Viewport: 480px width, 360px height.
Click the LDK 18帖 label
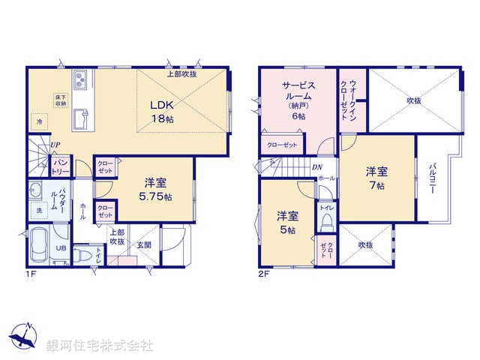(166, 111)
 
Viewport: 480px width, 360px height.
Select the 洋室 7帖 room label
(376, 176)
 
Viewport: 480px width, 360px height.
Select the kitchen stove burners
(82, 78)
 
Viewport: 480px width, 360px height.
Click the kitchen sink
(81, 117)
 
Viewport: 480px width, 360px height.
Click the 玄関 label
(143, 245)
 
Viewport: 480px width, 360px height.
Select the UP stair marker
(55, 145)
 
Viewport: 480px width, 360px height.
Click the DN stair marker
(317, 166)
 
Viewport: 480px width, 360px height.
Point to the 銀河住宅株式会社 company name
(100, 346)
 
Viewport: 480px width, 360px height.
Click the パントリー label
(61, 167)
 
